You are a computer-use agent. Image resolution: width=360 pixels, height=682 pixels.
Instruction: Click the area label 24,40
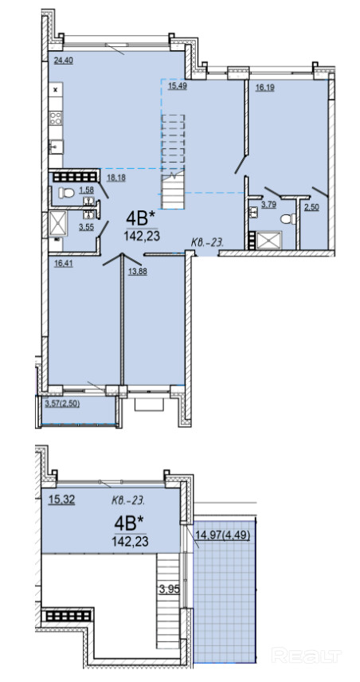(x=63, y=61)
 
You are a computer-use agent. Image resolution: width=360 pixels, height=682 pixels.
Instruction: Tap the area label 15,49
(x=178, y=86)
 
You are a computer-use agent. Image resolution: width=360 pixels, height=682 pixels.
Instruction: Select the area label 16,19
(x=264, y=88)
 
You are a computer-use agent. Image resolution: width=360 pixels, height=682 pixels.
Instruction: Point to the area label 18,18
(x=116, y=178)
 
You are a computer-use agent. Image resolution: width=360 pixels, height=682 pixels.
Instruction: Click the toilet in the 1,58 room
(x=65, y=192)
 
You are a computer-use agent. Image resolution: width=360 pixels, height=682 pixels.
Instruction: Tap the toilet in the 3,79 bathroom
(x=288, y=219)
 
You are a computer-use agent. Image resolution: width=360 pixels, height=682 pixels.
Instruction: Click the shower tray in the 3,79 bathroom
(x=269, y=240)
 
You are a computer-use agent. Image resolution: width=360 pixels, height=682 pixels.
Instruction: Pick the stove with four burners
(x=56, y=118)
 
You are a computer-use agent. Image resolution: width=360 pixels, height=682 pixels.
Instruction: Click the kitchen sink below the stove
(x=56, y=147)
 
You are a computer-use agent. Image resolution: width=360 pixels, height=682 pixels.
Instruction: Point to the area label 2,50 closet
(x=311, y=207)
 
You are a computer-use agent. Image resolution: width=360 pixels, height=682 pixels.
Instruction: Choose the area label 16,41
(x=63, y=263)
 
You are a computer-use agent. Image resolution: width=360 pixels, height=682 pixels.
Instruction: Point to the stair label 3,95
(x=169, y=590)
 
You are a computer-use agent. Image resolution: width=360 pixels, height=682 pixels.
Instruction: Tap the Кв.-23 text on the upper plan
(x=208, y=242)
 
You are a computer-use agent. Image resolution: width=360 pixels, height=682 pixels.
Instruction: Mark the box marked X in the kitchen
(x=56, y=90)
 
